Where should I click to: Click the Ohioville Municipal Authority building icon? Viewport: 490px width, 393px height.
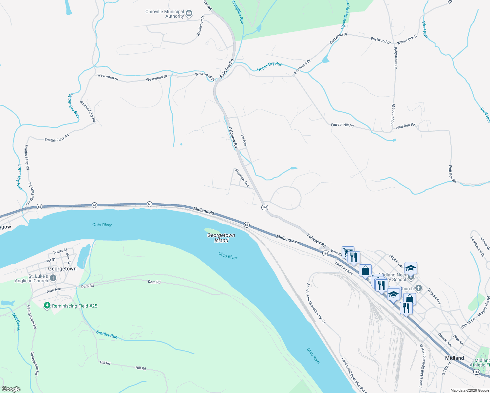coord(189,14)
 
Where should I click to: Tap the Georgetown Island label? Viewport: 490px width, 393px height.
coord(221,238)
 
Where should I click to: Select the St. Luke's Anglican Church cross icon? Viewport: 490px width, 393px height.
coord(53,278)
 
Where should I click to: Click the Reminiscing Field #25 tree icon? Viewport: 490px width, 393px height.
coord(47,306)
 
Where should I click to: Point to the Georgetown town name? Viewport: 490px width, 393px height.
coord(62,269)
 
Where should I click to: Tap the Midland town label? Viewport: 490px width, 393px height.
coord(454,358)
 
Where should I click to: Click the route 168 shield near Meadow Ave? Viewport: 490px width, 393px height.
coord(265,207)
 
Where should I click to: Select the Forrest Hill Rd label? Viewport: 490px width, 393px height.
coord(342,125)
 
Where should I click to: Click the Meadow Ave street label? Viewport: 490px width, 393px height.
coord(242,178)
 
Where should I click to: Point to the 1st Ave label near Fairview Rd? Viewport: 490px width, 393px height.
coord(244,140)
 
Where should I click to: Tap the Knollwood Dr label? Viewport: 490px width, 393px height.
coord(200,26)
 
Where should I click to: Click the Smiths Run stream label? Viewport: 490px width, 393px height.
coord(107,334)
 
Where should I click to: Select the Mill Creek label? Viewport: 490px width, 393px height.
coord(16,321)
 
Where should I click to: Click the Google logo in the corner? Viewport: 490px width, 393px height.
coord(11,389)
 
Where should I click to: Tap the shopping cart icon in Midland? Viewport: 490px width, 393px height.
coord(348,252)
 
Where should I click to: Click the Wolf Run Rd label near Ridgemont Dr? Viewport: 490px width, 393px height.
coord(405,126)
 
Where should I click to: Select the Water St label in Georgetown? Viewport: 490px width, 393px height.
coord(60,251)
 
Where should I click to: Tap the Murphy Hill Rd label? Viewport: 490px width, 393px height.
coord(484,306)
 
